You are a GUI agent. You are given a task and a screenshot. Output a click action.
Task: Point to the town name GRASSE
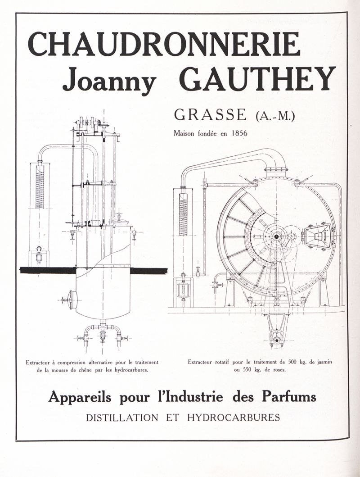(211, 115)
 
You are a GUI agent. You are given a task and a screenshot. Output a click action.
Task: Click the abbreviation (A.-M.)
(275, 116)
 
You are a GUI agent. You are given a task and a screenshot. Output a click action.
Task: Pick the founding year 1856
(238, 133)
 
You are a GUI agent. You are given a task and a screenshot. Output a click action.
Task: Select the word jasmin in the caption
(324, 362)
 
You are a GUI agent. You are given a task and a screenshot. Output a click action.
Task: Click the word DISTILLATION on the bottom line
(122, 418)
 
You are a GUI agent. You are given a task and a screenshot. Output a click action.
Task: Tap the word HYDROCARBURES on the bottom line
(233, 418)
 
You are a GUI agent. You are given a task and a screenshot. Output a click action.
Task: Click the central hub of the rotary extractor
(276, 236)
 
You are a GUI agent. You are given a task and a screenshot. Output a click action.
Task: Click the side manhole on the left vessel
(70, 300)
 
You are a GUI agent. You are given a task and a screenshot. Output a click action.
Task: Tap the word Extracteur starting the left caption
(38, 362)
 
